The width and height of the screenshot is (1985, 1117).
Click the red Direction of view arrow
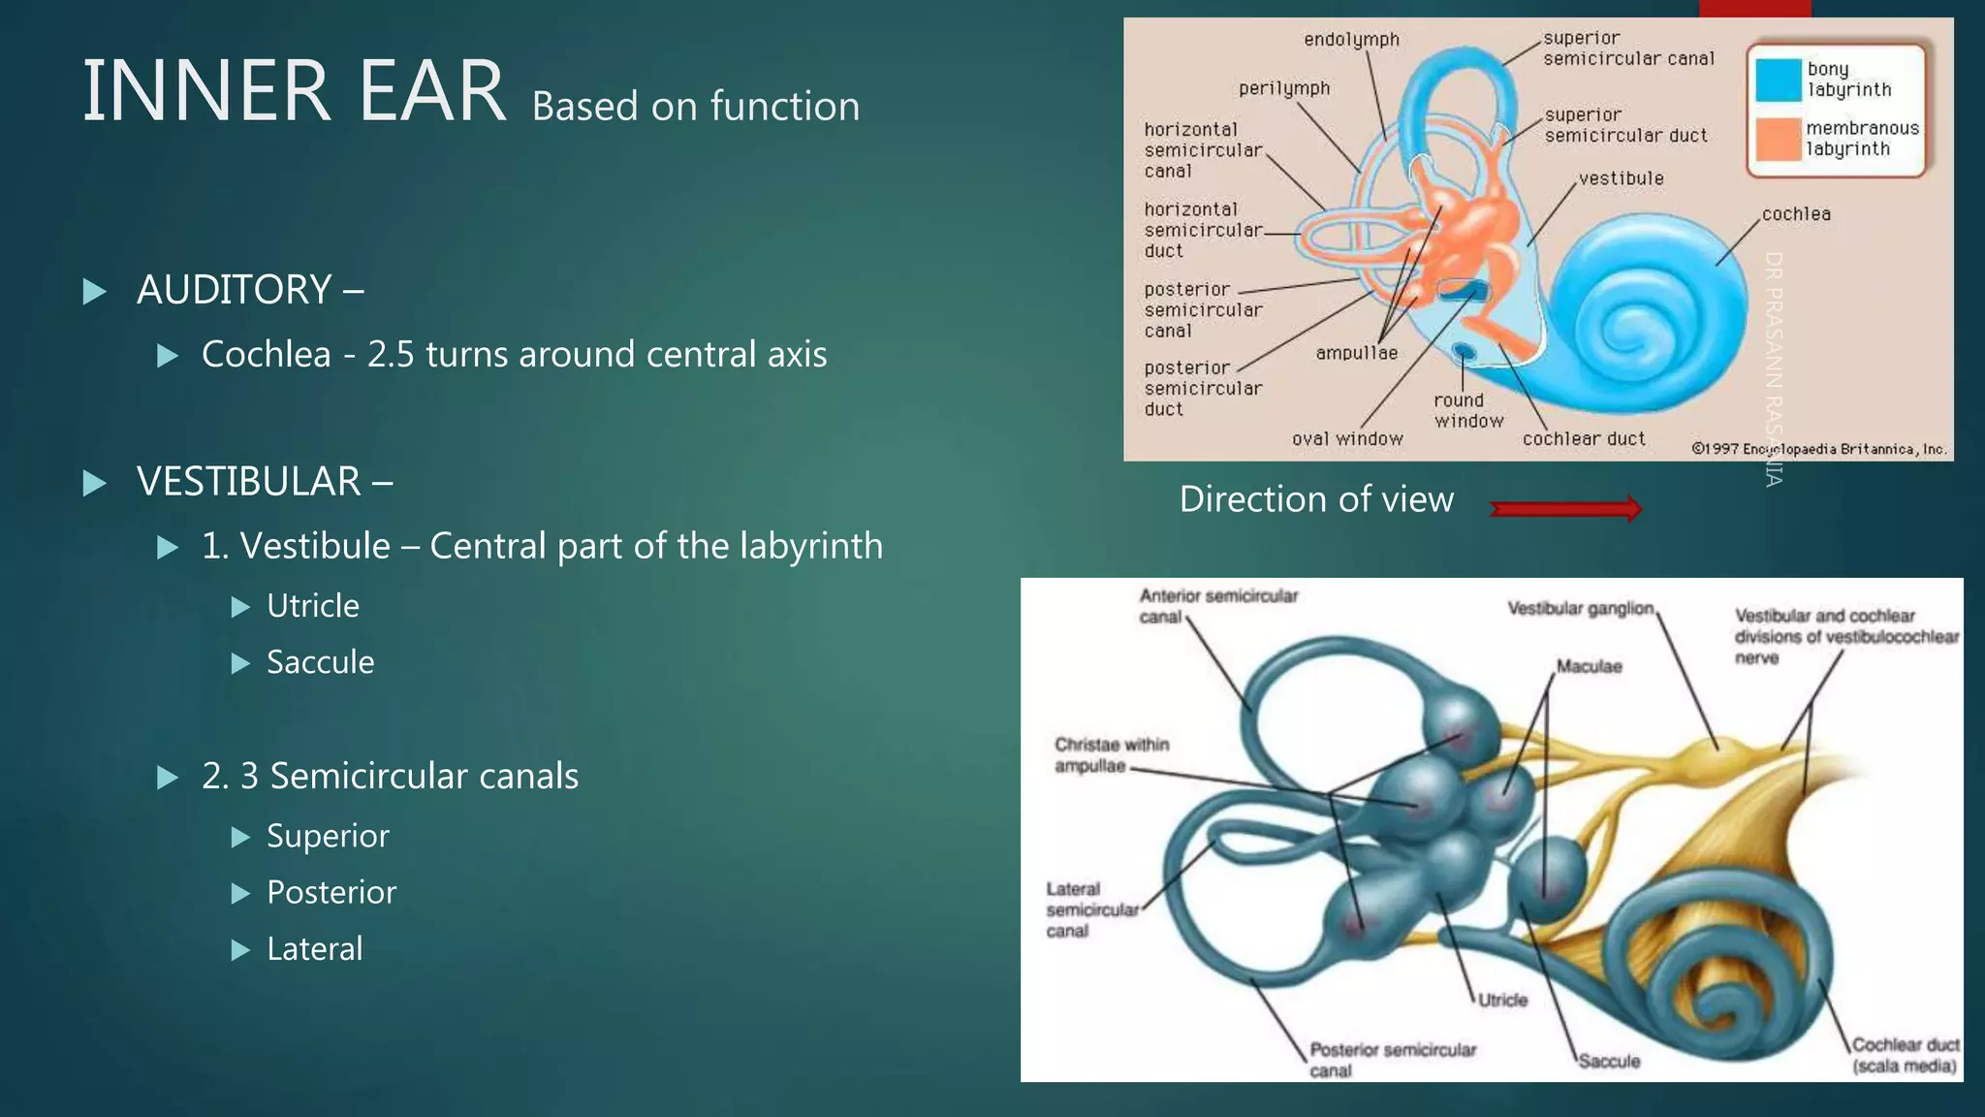coord(1565,508)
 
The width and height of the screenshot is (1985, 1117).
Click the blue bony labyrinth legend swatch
coord(1779,80)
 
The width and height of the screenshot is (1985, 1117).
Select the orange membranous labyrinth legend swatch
coord(1779,140)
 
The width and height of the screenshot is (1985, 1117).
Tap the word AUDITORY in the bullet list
coord(234,290)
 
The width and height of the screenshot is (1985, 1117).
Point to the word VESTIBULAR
coord(248,482)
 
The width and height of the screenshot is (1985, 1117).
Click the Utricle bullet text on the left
coord(312,606)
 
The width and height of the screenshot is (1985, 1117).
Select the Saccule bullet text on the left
coord(320,662)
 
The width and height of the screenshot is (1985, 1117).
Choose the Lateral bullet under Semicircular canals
coord(314,948)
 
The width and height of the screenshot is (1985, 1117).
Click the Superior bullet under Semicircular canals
coord(328,836)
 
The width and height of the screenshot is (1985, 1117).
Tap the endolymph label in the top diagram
coord(1351,40)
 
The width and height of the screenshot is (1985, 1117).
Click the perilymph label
coord(1284,88)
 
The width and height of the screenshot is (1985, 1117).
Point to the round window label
coord(1468,411)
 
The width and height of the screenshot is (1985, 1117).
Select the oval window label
coord(1347,439)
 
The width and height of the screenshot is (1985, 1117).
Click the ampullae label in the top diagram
coord(1356,354)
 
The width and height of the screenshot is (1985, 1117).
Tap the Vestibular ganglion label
coord(1580,608)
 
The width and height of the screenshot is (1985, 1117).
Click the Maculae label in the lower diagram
coord(1589,666)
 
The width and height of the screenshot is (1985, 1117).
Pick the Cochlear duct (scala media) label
coord(1905,1056)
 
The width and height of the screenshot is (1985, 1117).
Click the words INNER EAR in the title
coord(294,91)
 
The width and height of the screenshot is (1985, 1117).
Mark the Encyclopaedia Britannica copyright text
coord(1818,449)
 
